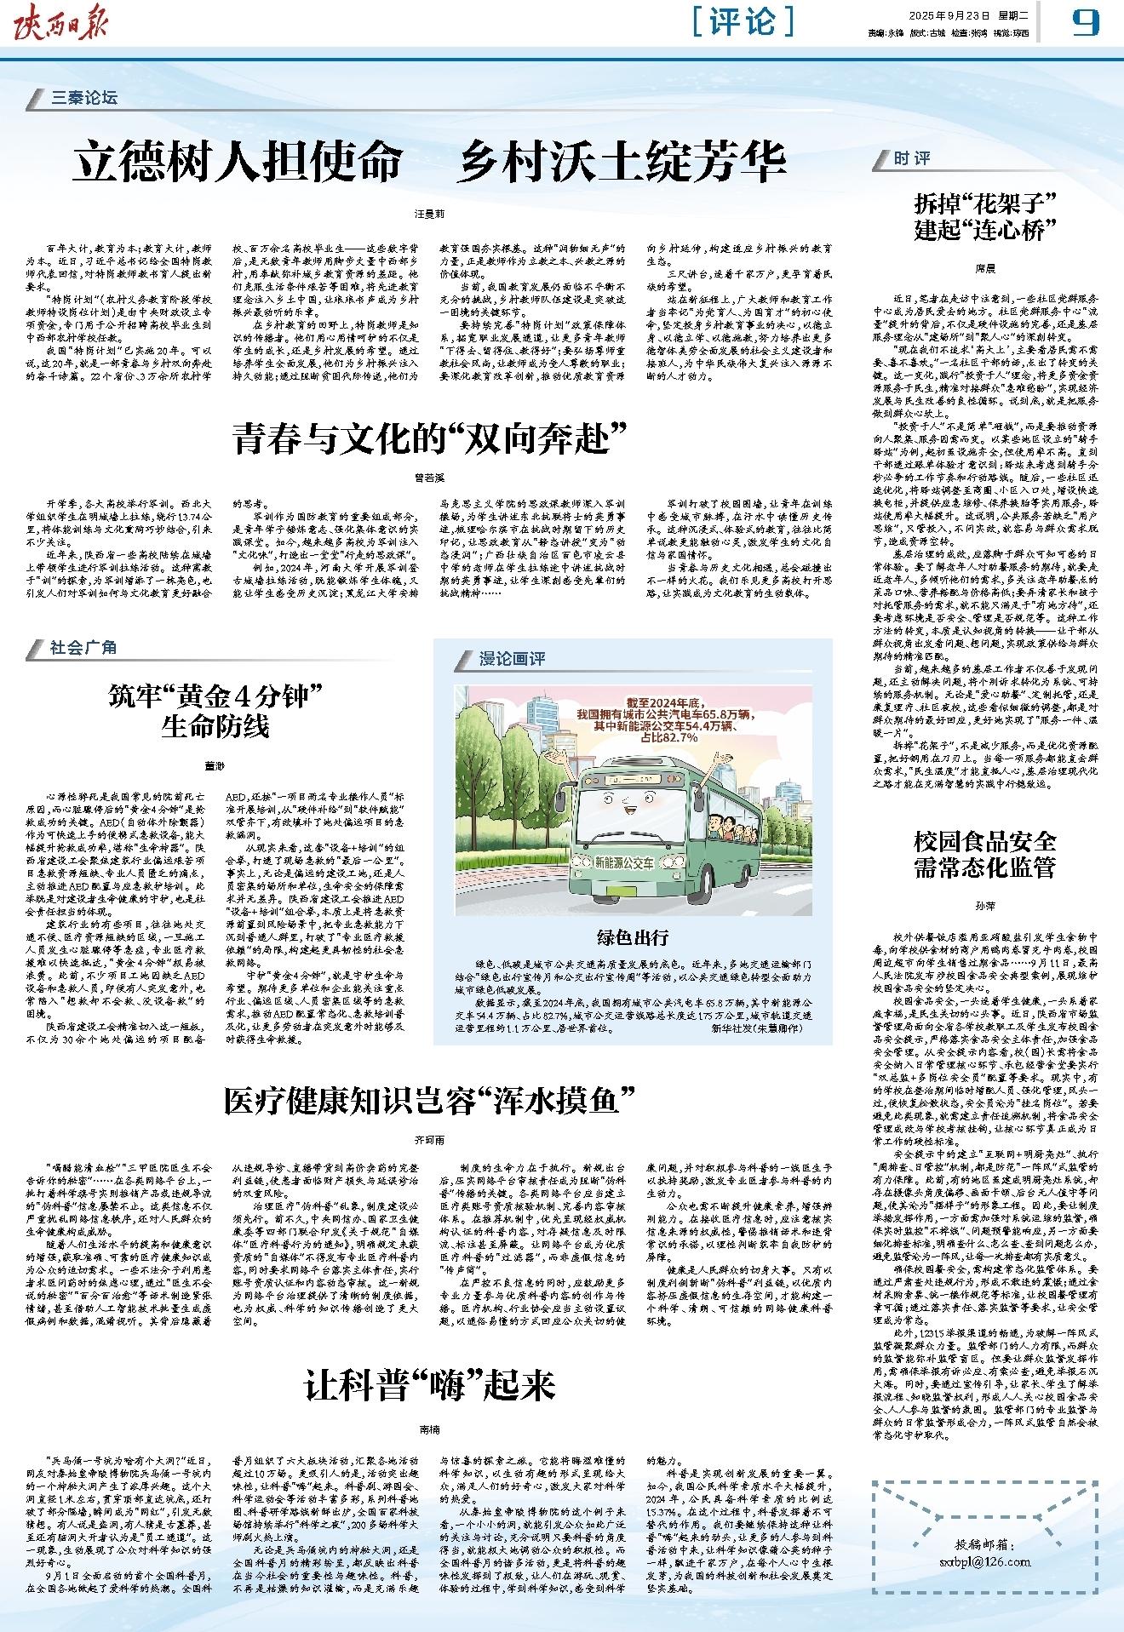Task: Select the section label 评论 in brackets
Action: tap(743, 22)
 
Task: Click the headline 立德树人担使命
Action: tap(237, 161)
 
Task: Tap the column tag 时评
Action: tap(912, 158)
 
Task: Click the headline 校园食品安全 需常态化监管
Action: tap(984, 855)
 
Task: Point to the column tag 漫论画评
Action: tap(512, 658)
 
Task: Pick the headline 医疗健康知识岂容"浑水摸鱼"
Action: tap(431, 1101)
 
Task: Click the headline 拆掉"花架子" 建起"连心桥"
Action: tap(984, 215)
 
